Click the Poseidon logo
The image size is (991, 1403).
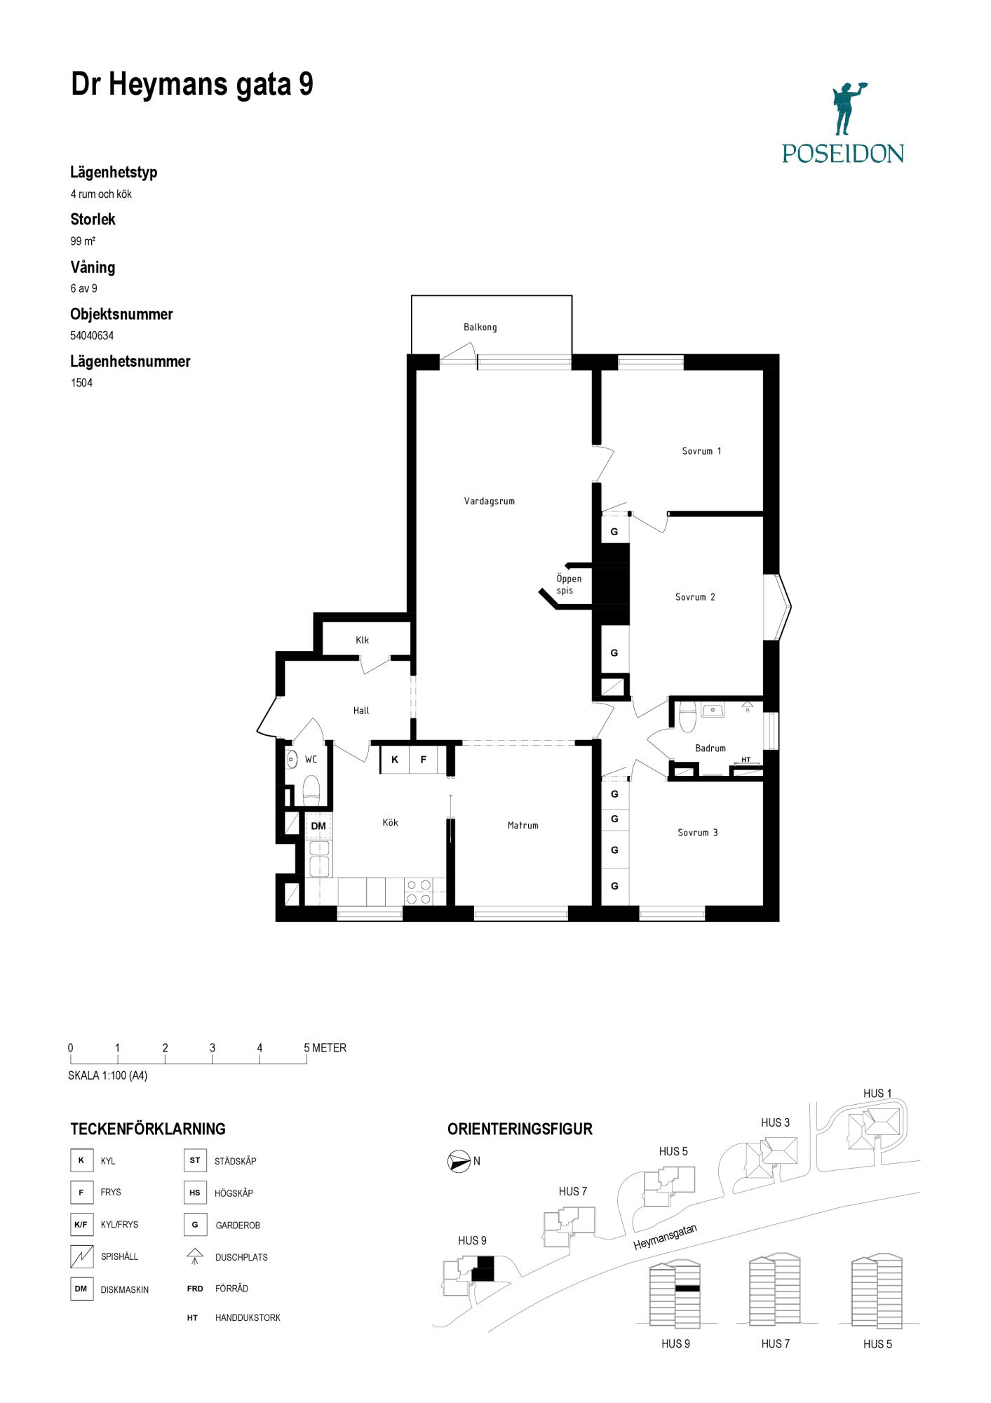tap(843, 123)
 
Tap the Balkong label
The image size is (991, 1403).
tap(480, 327)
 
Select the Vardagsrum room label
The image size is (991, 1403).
tap(489, 502)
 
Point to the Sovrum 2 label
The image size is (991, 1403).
tap(695, 597)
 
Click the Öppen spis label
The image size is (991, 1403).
tap(569, 584)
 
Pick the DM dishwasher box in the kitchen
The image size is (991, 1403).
tap(318, 826)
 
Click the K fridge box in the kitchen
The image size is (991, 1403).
tap(395, 760)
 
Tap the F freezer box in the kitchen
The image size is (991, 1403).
tap(424, 760)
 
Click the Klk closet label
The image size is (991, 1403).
tap(362, 640)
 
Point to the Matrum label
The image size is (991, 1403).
tap(523, 826)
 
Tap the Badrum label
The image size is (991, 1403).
tap(710, 749)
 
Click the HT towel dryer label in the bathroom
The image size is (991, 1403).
tap(746, 760)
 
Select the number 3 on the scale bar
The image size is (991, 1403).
tap(213, 1048)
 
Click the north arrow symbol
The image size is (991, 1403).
tap(459, 1162)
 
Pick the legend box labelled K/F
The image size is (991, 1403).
tap(81, 1225)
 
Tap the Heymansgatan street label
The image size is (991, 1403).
tap(665, 1237)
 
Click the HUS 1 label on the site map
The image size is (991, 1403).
tap(877, 1093)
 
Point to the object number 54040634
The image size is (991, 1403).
tap(92, 335)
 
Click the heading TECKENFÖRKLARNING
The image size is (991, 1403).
tap(148, 1129)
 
